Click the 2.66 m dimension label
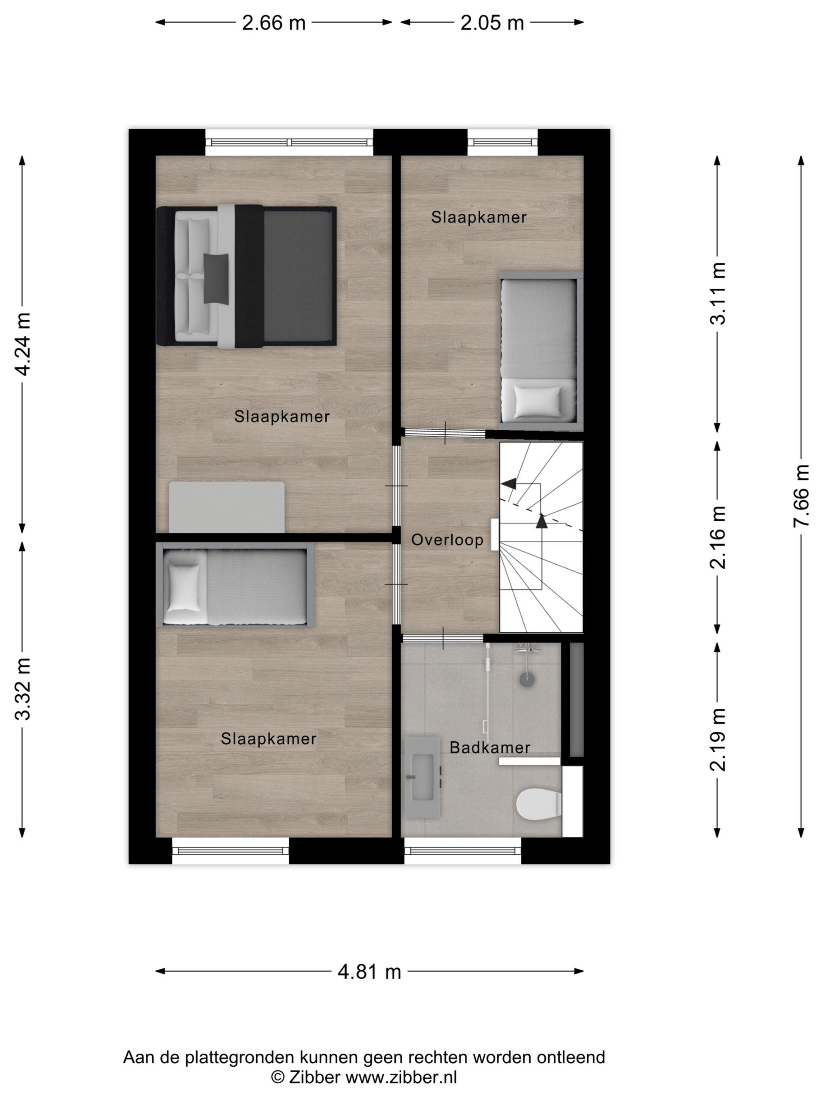[x=273, y=23]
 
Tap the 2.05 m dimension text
[x=492, y=23]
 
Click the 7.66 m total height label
[x=801, y=495]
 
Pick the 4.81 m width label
[x=369, y=971]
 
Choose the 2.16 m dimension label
[x=717, y=537]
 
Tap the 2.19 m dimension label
[x=717, y=739]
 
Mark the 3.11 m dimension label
[x=717, y=293]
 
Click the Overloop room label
[x=447, y=540]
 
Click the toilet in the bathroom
[x=539, y=805]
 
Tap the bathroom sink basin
[x=422, y=777]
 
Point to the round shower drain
[x=527, y=679]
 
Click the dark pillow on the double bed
[x=216, y=278]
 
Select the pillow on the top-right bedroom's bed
[x=537, y=401]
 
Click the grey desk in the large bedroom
[x=227, y=507]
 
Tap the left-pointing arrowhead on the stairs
[x=508, y=483]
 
